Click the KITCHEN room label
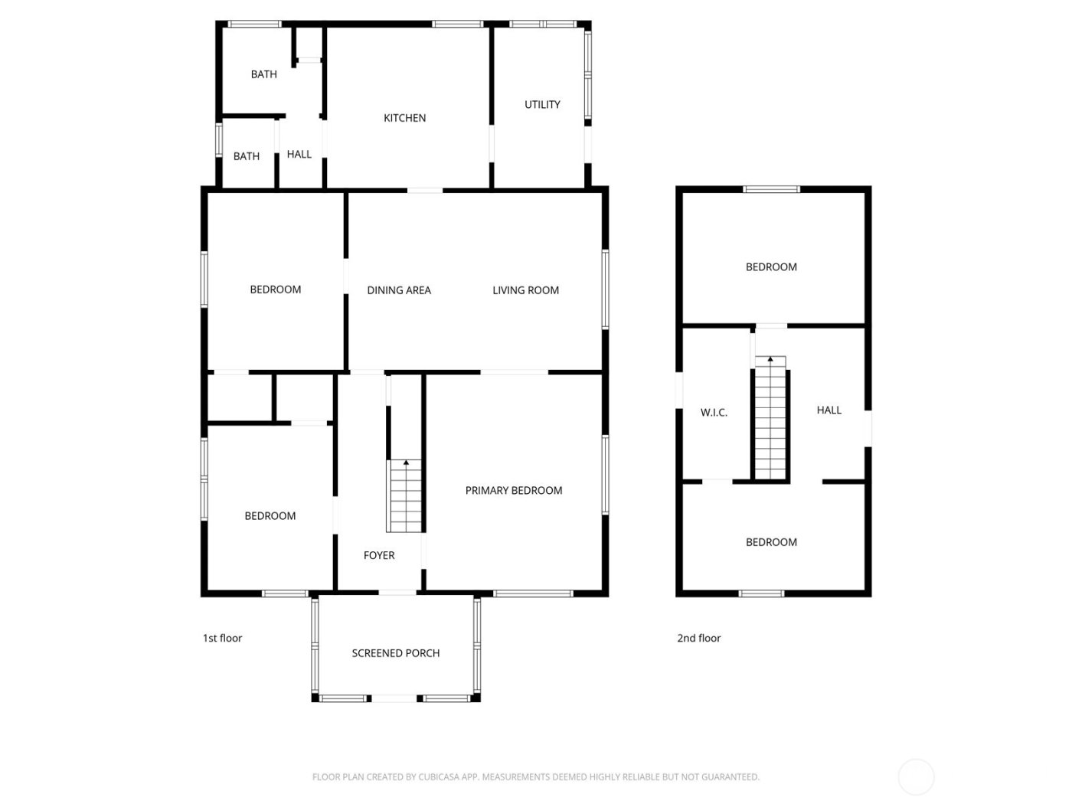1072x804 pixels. click(404, 118)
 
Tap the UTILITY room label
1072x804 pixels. click(542, 105)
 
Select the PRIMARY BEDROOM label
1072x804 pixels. click(514, 491)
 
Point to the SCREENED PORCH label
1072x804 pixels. click(396, 653)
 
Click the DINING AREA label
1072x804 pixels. click(399, 290)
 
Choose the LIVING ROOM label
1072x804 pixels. click(525, 290)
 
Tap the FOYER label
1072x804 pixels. click(379, 556)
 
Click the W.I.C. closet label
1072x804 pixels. click(714, 413)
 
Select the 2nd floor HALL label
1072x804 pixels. click(829, 410)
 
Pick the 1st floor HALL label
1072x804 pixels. click(299, 155)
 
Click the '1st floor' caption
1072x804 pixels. click(222, 638)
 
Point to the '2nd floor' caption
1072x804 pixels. click(698, 638)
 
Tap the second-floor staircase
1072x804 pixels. click(770, 421)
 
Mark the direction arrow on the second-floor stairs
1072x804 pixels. click(770, 359)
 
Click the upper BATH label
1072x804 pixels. click(263, 74)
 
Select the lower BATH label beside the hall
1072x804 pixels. click(246, 156)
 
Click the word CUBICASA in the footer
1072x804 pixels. click(440, 777)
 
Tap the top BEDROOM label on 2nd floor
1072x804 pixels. click(771, 267)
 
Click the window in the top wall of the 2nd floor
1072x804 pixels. click(771, 189)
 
